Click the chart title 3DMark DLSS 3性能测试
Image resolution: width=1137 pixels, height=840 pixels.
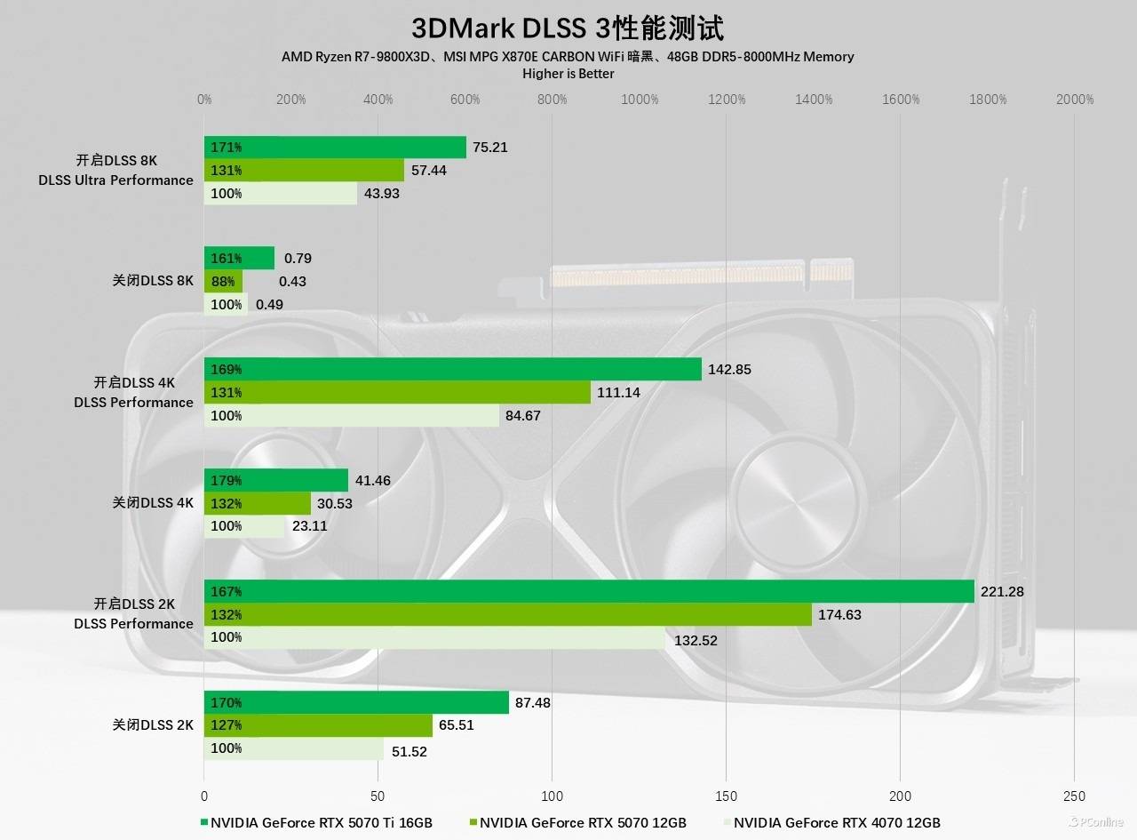pyautogui.click(x=568, y=28)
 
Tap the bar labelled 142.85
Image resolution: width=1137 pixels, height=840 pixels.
pyautogui.click(x=453, y=369)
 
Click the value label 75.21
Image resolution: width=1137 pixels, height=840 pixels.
pyautogui.click(x=490, y=148)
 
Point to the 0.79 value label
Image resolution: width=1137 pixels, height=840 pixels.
pyautogui.click(x=298, y=259)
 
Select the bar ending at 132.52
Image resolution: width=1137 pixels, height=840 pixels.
pyautogui.click(x=434, y=637)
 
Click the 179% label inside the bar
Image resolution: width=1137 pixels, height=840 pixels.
pyautogui.click(x=227, y=481)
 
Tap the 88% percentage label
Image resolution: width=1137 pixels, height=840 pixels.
pyautogui.click(x=223, y=282)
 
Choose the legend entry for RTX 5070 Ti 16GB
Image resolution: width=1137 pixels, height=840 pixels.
pyautogui.click(x=321, y=822)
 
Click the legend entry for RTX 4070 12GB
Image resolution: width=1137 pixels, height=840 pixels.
pyautogui.click(x=836, y=822)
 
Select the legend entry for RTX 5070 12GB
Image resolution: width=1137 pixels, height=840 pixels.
pyautogui.click(x=583, y=822)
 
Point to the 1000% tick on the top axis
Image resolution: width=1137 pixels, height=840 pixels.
pyautogui.click(x=640, y=100)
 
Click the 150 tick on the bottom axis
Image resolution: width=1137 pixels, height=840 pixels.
pyautogui.click(x=727, y=796)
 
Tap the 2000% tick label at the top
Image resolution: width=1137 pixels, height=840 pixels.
pyautogui.click(x=1075, y=100)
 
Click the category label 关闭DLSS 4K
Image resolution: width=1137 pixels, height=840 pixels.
pyautogui.click(x=153, y=502)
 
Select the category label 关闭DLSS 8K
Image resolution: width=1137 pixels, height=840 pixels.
pyautogui.click(x=153, y=281)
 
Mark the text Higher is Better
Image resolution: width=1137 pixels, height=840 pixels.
pyautogui.click(x=568, y=74)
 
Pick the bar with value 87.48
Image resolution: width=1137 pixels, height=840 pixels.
pyautogui.click(x=356, y=702)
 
